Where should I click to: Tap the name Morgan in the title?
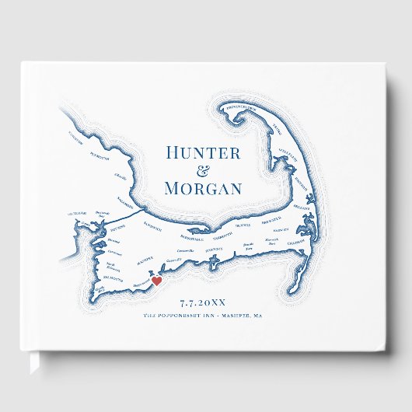point(204,188)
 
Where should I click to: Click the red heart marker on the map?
point(156,281)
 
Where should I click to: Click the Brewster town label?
point(276,222)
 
